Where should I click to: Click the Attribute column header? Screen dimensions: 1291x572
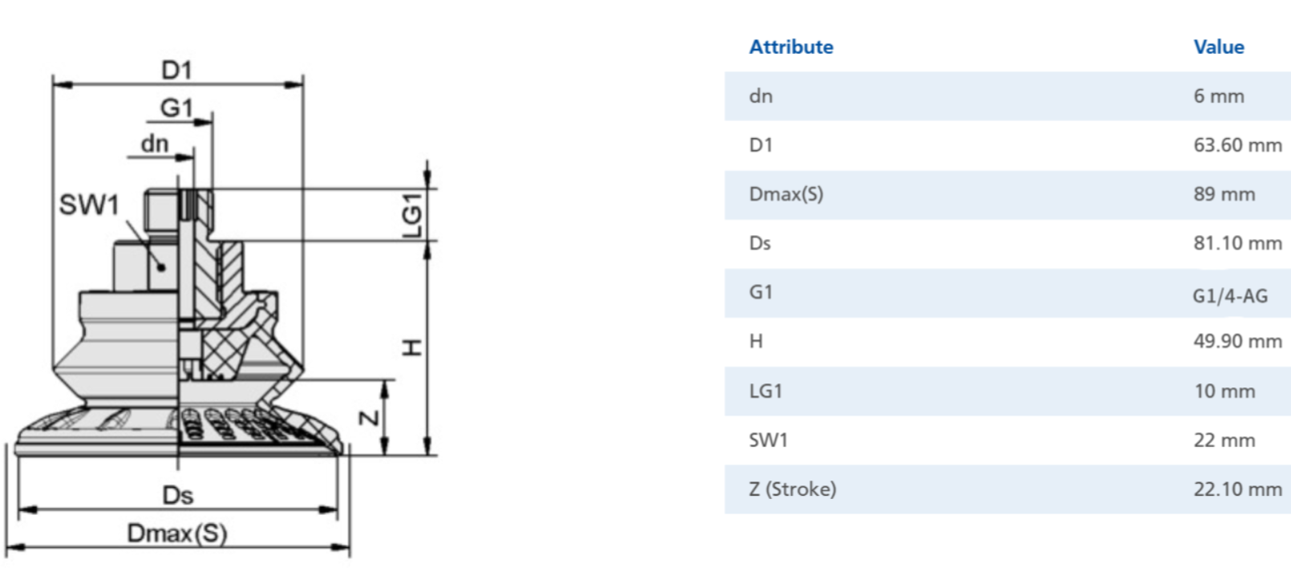click(x=791, y=47)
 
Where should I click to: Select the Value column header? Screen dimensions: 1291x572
click(x=1218, y=47)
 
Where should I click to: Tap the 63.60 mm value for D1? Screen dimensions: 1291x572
click(x=1237, y=144)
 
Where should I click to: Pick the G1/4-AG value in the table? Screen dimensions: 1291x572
click(x=1230, y=296)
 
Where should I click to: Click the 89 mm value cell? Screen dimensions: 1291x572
click(x=1224, y=194)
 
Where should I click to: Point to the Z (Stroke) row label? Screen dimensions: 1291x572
click(x=792, y=489)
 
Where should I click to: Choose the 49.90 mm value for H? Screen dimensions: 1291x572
click(x=1237, y=341)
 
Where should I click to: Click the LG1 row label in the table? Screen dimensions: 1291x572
click(x=765, y=391)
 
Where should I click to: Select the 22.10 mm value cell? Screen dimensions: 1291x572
click(x=1237, y=489)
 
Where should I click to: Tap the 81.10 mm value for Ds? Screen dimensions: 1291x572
click(x=1237, y=243)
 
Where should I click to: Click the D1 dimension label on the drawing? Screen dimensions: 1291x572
click(x=176, y=71)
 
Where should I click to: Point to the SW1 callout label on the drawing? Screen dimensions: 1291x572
click(x=89, y=205)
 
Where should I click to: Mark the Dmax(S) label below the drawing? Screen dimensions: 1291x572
click(x=177, y=533)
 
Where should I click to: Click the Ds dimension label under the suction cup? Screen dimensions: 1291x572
click(x=177, y=495)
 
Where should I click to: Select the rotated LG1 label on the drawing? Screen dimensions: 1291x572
click(x=412, y=216)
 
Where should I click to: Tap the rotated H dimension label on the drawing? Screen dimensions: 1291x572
click(x=412, y=347)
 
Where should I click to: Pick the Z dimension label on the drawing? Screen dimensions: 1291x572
click(x=370, y=417)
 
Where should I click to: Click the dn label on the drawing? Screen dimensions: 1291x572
click(x=155, y=144)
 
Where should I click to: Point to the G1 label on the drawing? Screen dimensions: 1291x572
click(x=176, y=108)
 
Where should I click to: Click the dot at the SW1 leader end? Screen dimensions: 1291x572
click(x=161, y=267)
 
